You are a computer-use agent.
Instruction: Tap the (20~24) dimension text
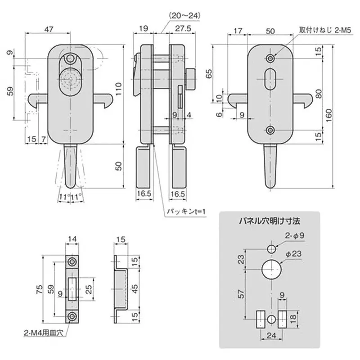coord(183,15)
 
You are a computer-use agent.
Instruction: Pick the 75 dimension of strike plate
coord(40,288)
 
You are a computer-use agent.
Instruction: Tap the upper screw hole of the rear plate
coord(270,58)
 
